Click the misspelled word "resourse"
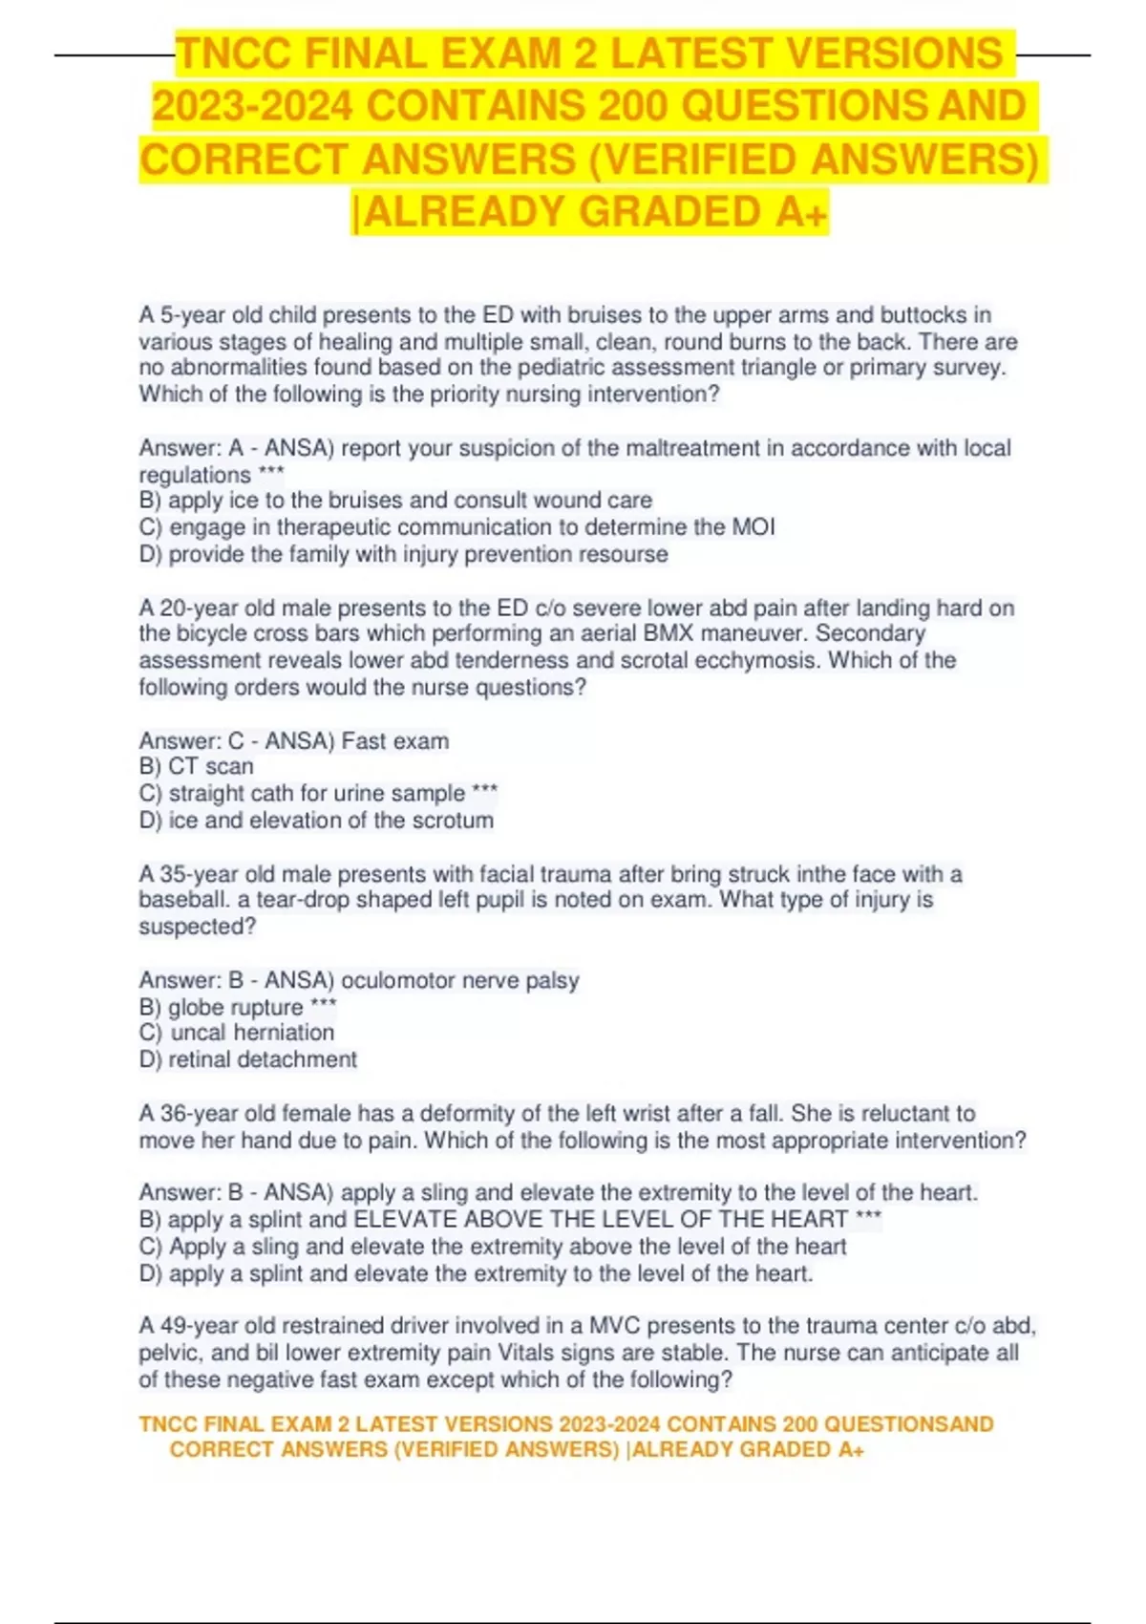(x=621, y=554)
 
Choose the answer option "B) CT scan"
(x=196, y=766)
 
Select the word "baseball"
(x=181, y=900)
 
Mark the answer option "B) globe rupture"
(x=236, y=1007)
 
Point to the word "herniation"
(x=284, y=1033)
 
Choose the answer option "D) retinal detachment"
(x=247, y=1059)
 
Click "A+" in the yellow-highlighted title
(x=801, y=212)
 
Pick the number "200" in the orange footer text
(x=800, y=1424)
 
